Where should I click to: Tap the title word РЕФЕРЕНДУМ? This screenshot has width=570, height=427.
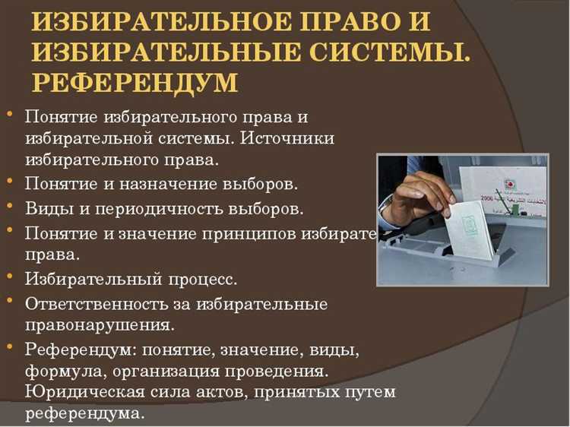click(x=135, y=81)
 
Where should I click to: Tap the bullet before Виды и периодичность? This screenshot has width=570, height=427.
click(x=8, y=205)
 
